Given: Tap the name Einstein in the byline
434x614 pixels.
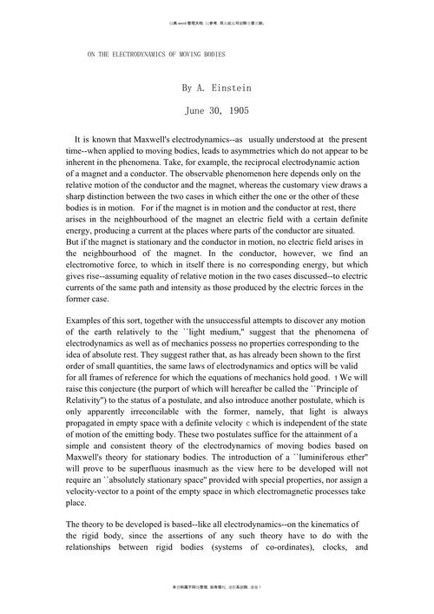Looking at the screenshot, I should tap(229, 89).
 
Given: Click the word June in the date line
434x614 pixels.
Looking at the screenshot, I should tap(197, 111).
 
